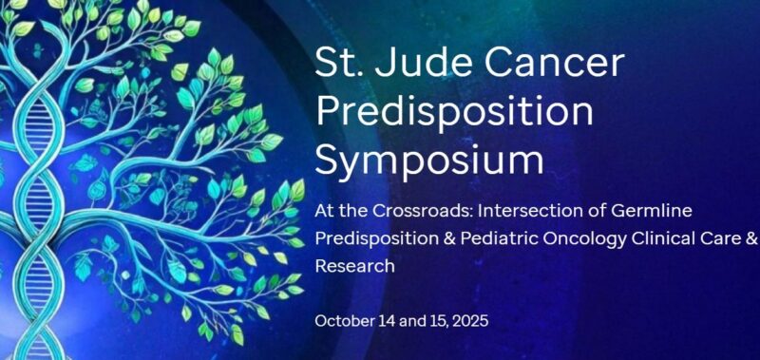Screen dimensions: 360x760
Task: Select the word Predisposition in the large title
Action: [454, 113]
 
